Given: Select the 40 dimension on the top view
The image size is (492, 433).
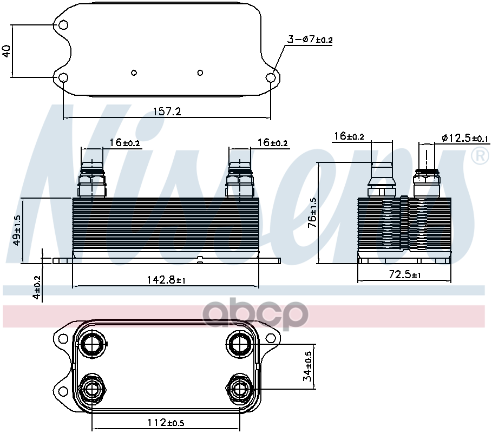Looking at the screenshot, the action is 7,51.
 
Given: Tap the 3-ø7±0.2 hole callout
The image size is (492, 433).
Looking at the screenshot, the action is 310,40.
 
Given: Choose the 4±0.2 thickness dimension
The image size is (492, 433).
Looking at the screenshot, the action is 36,288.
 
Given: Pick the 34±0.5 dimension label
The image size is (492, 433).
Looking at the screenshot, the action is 307,366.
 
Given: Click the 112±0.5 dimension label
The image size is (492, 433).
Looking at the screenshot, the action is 166,422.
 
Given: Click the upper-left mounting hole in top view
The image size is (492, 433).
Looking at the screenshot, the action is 63,25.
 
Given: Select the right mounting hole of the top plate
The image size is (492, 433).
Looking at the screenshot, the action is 271,78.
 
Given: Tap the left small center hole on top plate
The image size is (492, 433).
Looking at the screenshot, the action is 134,73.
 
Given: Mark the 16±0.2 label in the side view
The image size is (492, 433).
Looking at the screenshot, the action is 349,136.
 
